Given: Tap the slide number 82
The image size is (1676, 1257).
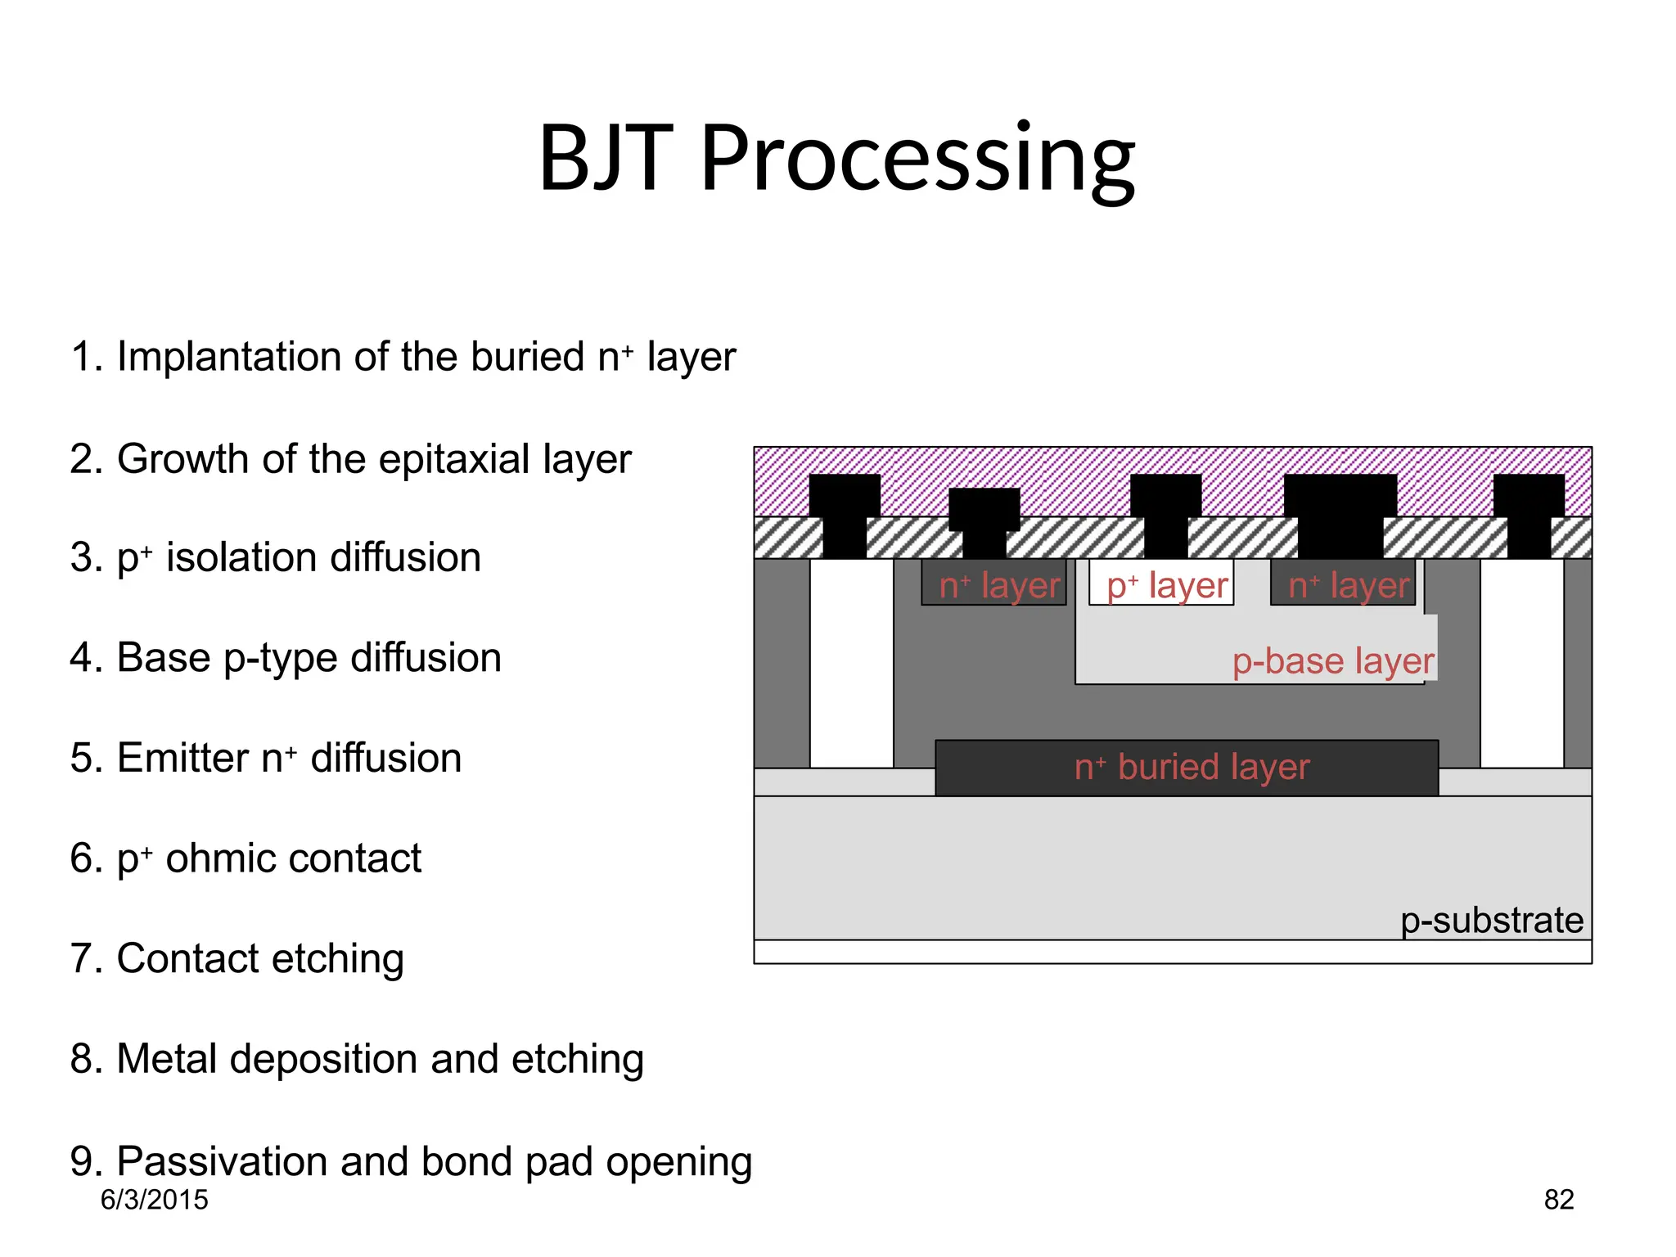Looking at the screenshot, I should click(1558, 1200).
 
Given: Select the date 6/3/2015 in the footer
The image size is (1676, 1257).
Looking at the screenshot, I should click(154, 1200).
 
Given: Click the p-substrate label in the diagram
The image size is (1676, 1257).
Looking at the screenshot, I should click(1491, 921).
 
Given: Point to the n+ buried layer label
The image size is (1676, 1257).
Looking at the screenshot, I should click(1191, 768).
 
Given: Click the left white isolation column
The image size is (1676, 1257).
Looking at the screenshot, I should click(851, 663).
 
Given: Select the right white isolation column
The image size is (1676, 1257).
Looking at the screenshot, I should click(1521, 663).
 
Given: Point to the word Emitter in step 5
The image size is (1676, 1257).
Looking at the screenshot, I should click(182, 758).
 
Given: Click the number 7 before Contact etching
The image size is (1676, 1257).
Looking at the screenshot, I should click(82, 958).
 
